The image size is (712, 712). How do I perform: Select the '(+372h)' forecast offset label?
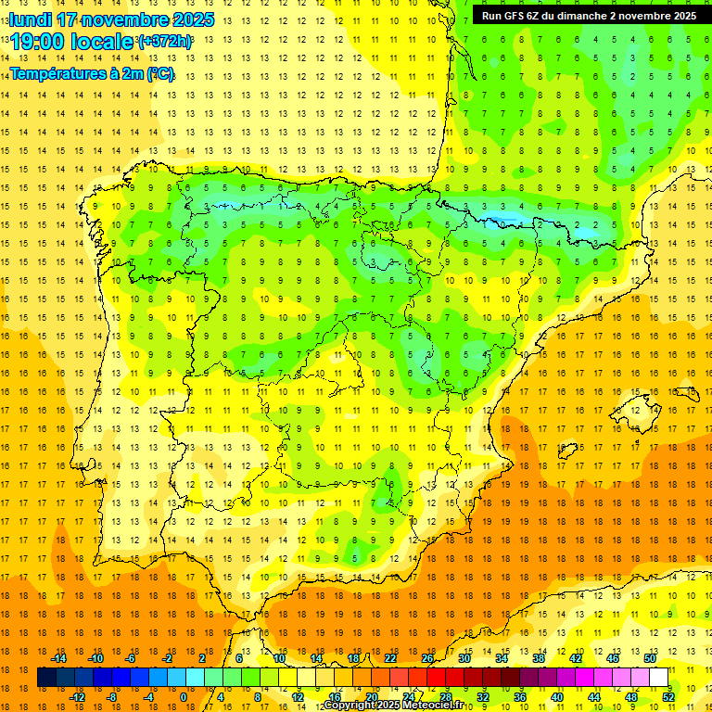pyautogui.click(x=165, y=41)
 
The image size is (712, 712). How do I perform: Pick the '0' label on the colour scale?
pyautogui.click(x=184, y=697)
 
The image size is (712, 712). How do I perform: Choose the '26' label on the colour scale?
pyautogui.click(x=426, y=658)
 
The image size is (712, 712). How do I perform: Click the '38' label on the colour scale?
pyautogui.click(x=538, y=658)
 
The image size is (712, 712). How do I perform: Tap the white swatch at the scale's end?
pyautogui.click(x=659, y=678)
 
